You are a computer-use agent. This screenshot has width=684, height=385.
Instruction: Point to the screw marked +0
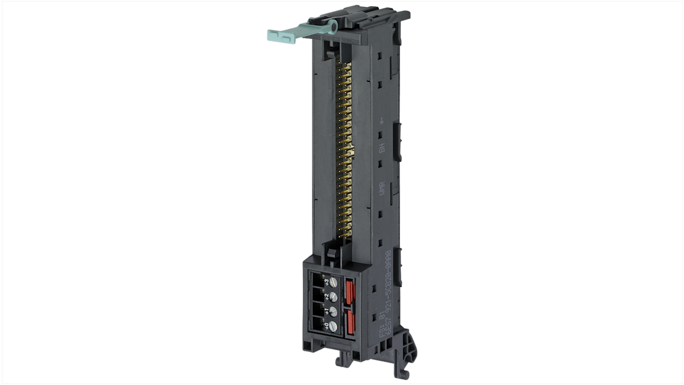(x=333, y=326)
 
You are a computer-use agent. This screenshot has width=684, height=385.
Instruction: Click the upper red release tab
(x=350, y=291)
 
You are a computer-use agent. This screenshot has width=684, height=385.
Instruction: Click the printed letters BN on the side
(x=382, y=148)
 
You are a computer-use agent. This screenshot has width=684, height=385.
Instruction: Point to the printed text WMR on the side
(x=382, y=188)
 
